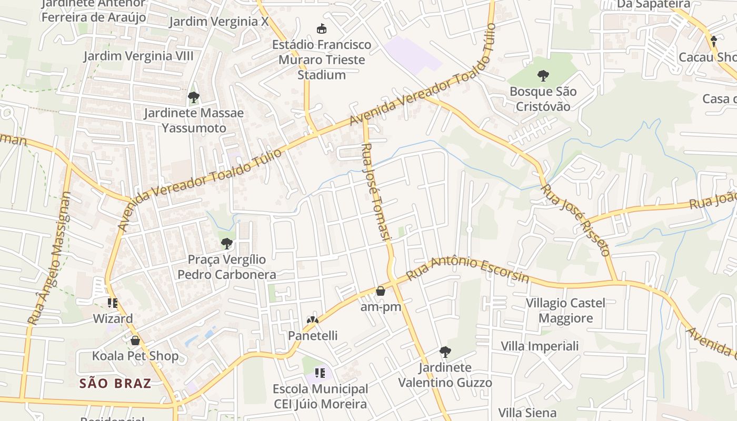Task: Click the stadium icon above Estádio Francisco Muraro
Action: click(321, 28)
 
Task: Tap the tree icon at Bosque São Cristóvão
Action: click(543, 76)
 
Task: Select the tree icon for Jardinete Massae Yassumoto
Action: click(193, 97)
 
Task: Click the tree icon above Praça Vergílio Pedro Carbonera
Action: click(227, 243)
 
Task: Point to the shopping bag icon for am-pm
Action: click(381, 290)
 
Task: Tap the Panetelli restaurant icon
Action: click(313, 319)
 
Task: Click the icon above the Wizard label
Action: click(113, 303)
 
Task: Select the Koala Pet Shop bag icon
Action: click(135, 340)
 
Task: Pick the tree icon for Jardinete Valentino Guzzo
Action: click(445, 352)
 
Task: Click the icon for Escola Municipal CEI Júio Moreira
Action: click(319, 373)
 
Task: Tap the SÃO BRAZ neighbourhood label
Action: click(115, 383)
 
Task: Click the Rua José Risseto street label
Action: click(576, 219)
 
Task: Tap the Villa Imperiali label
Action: click(540, 346)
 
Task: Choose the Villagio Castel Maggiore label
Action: click(566, 310)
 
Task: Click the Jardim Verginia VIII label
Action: click(138, 56)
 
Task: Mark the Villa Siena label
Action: click(527, 413)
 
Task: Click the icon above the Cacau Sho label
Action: click(714, 41)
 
